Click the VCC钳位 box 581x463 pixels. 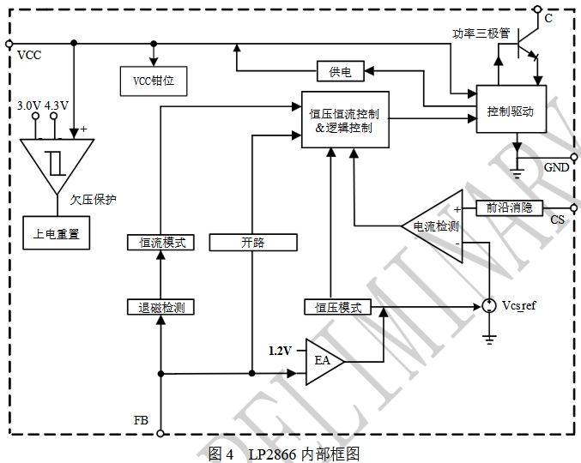coord(154,82)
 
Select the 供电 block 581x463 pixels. coord(341,72)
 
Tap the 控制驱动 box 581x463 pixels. coord(511,110)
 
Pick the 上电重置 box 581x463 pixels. coord(56,235)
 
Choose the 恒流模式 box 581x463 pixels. coord(161,243)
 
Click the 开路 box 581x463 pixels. coord(253,243)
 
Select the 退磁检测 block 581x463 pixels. coord(161,307)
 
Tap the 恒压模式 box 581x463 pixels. coord(337,307)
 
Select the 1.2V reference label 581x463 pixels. coord(281,351)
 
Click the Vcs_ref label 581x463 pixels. coord(519,306)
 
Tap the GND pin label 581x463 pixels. coord(556,167)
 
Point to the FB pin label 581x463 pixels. coord(142,419)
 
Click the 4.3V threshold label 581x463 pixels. coord(57,106)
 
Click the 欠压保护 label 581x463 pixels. coord(94,200)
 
